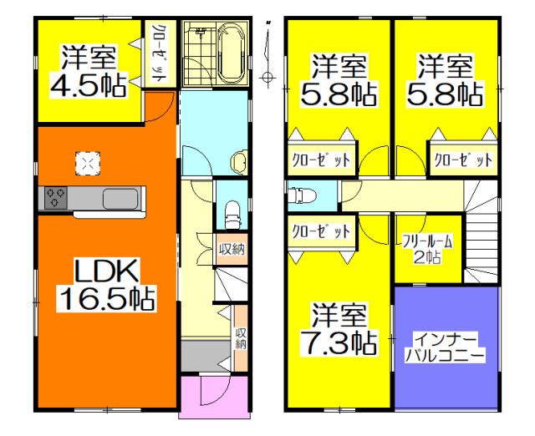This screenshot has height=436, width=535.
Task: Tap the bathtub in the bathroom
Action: pos(231,52)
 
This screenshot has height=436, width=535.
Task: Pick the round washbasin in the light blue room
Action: pos(238,160)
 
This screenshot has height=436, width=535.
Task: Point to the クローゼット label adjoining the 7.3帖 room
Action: pos(318,232)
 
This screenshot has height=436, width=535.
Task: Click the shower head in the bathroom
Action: pos(201,31)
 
